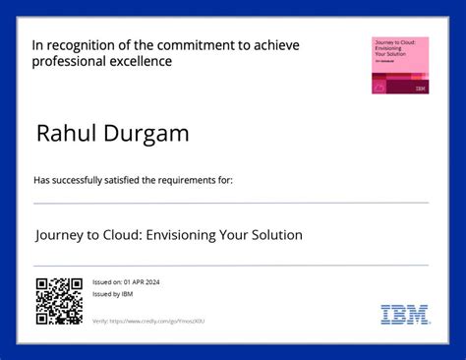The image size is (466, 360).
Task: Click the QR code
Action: pos(58,301)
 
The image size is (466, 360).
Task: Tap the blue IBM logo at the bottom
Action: pos(404,315)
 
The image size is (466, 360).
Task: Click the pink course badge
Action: pos(399,65)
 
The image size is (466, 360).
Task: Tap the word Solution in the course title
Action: pos(274,235)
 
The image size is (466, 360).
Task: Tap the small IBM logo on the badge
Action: pos(421,89)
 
